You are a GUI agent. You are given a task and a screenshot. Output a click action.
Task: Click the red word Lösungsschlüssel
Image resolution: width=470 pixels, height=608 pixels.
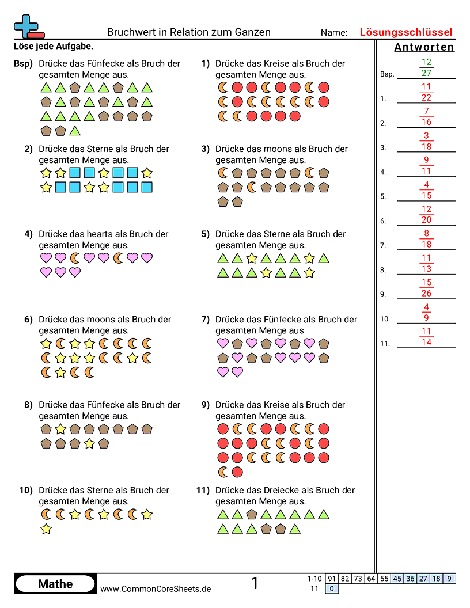pyautogui.click(x=406, y=32)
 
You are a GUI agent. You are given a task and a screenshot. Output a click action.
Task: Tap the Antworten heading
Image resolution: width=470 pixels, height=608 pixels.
pyautogui.click(x=424, y=47)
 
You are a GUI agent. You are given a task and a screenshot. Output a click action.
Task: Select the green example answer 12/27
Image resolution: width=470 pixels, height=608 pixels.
pyautogui.click(x=426, y=67)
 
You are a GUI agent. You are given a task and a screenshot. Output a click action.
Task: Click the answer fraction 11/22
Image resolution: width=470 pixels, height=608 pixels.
pyautogui.click(x=426, y=92)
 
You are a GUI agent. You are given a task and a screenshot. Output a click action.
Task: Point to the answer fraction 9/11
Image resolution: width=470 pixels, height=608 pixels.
pyautogui.click(x=426, y=166)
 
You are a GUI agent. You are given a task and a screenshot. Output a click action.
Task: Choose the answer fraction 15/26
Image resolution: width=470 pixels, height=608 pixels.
pyautogui.click(x=426, y=288)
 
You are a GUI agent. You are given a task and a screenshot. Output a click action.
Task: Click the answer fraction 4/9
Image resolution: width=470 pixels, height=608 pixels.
pyautogui.click(x=426, y=312)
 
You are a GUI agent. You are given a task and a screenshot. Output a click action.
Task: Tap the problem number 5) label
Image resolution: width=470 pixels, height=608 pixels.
pyautogui.click(x=205, y=234)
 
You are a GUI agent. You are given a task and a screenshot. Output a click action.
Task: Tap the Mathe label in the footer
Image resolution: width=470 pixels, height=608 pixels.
pyautogui.click(x=55, y=584)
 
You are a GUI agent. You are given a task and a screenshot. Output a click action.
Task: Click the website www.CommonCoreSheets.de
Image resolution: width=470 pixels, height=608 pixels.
pyautogui.click(x=156, y=589)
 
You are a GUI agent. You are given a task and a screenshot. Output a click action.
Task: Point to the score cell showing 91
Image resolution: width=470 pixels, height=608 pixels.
pyautogui.click(x=332, y=579)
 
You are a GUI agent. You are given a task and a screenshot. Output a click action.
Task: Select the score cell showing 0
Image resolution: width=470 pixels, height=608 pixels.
pyautogui.click(x=332, y=588)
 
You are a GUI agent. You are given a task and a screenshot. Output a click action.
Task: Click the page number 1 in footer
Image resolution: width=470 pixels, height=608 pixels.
pyautogui.click(x=255, y=583)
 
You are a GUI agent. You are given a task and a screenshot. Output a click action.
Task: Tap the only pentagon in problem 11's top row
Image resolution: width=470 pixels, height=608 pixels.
pyautogui.click(x=252, y=514)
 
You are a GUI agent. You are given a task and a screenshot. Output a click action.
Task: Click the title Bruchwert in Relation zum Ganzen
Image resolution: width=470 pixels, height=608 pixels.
pyautogui.click(x=189, y=32)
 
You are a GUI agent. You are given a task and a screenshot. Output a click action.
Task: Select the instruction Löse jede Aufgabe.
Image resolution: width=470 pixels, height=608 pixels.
pyautogui.click(x=53, y=46)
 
